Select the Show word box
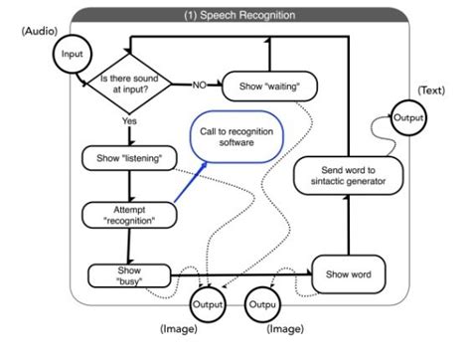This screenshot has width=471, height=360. pyautogui.click(x=349, y=271)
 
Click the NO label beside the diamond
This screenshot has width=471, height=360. pyautogui.click(x=198, y=85)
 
